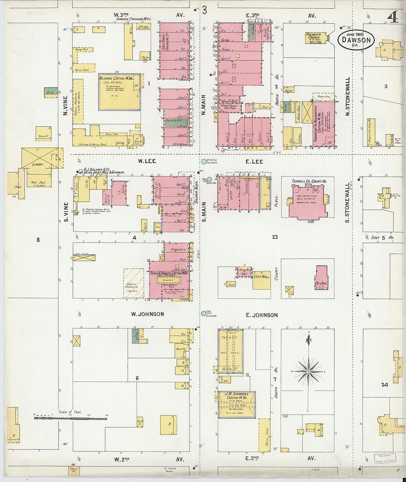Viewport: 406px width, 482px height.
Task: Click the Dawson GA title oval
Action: coord(356,40)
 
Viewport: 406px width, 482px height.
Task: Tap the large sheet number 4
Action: coord(393,17)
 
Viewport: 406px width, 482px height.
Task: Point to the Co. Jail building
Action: coord(321,278)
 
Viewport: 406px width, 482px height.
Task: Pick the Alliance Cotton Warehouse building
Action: coord(119,92)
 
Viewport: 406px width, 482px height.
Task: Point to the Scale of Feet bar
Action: coord(70,418)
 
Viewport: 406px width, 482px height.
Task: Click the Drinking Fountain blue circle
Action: coord(204,161)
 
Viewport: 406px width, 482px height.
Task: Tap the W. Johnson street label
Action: coord(147,314)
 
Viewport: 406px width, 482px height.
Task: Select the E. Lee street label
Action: coord(254,161)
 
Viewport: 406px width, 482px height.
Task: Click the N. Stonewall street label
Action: coord(348,96)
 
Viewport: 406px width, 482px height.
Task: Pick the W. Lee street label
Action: coord(147,161)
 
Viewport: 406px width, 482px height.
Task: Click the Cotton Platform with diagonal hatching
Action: coord(133,283)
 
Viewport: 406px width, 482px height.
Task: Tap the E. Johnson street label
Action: coord(262,315)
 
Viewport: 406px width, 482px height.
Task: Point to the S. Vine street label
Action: coord(66,212)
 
